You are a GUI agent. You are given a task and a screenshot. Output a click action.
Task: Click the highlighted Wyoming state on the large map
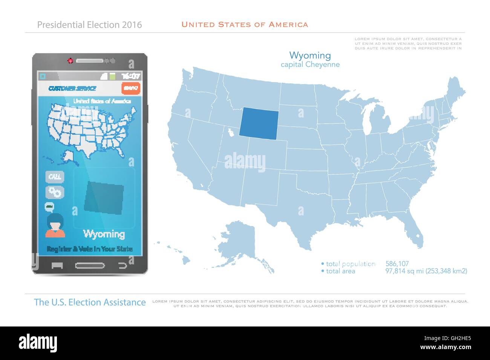tap(259, 122)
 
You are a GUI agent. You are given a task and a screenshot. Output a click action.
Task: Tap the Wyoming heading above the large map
tap(310, 56)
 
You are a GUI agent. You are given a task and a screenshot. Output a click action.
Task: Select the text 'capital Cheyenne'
tap(310, 64)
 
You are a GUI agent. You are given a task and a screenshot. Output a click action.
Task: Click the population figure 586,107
tap(397, 264)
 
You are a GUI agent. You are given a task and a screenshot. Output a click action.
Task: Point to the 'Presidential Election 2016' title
tap(90, 25)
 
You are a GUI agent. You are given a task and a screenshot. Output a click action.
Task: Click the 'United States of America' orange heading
tap(245, 25)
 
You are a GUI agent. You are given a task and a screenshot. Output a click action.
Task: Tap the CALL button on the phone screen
tap(55, 177)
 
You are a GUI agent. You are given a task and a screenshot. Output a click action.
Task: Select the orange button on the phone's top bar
tap(131, 88)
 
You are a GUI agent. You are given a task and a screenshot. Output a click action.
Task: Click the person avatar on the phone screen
tap(55, 225)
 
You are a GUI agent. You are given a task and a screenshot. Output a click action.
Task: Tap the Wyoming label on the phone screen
tap(104, 234)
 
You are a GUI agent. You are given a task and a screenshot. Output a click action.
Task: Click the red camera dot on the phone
tap(70, 61)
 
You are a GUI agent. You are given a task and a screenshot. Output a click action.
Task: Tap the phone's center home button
tap(90, 265)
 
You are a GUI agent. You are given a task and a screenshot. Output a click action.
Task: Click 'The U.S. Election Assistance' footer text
tap(90, 302)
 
